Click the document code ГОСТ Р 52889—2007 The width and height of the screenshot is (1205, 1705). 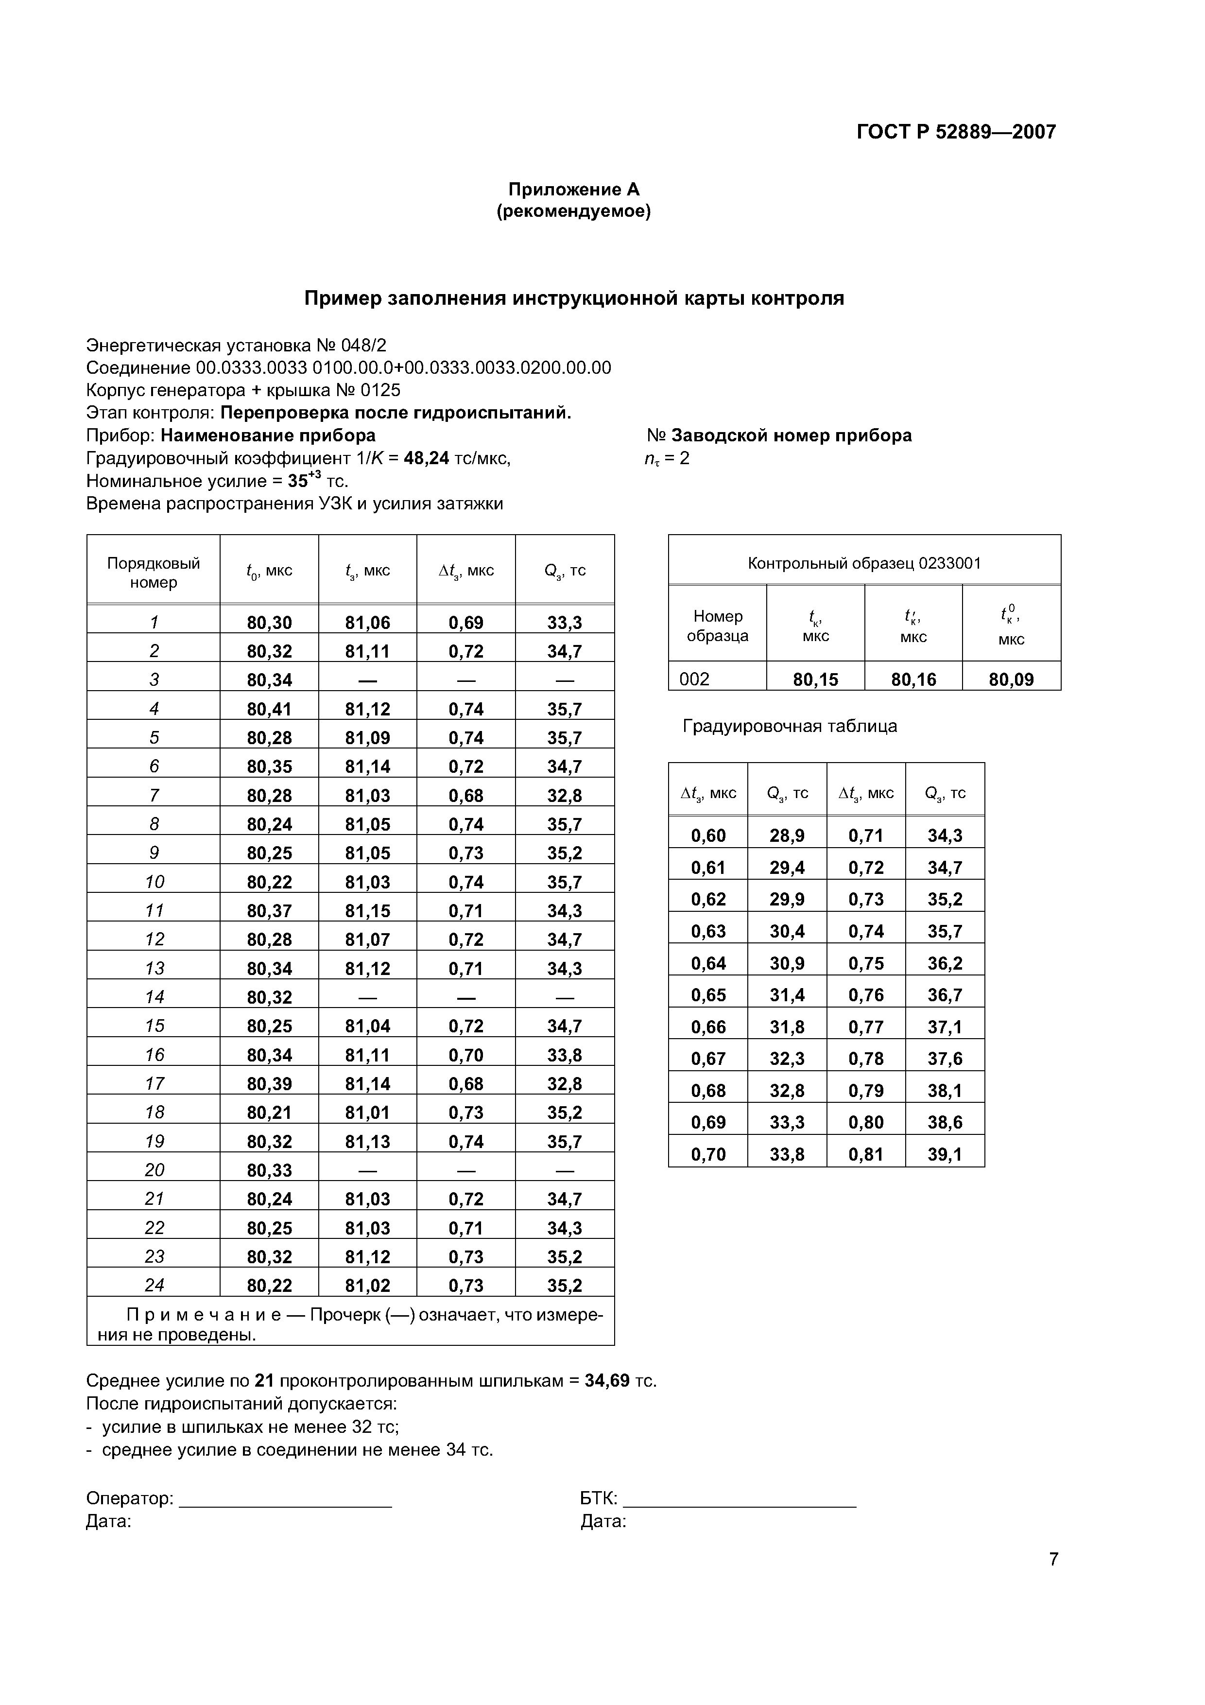(x=956, y=132)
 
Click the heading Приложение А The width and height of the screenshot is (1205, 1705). (x=573, y=190)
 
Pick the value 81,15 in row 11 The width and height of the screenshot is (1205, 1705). (x=367, y=910)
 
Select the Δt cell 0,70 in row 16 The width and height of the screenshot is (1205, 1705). (x=465, y=1055)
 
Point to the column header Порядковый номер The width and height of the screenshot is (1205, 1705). (x=154, y=573)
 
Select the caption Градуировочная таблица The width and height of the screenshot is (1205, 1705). (x=789, y=726)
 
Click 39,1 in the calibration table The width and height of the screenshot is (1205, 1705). (x=945, y=1154)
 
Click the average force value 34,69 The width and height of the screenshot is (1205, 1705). (x=606, y=1380)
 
